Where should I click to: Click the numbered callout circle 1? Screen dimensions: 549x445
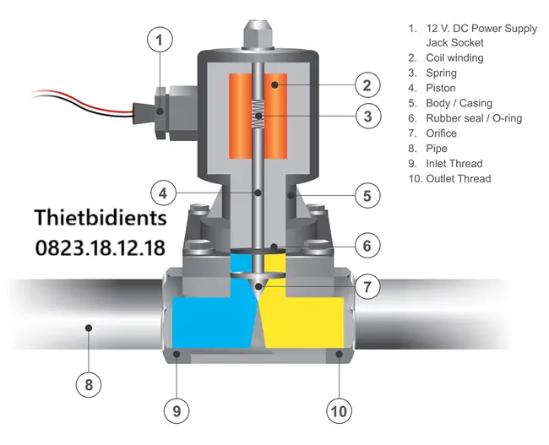160,40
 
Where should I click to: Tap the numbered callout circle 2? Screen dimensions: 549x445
367,85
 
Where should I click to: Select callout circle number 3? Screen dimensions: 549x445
368,116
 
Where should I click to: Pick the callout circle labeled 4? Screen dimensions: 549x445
163,193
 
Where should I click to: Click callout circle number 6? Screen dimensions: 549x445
367,246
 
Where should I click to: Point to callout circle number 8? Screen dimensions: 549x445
89,385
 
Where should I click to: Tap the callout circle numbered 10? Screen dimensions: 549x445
340,411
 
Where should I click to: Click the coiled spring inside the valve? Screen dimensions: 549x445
258,114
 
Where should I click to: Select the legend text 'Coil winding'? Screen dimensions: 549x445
454,57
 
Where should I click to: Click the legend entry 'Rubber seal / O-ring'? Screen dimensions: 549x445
474,118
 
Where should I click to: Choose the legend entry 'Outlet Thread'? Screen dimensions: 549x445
459,179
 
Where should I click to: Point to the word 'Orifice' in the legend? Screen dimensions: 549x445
441,133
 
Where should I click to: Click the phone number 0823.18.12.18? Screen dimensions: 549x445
101,248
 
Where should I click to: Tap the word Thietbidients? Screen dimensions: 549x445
101,217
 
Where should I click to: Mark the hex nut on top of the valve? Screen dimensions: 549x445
258,35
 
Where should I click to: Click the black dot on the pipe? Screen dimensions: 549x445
89,328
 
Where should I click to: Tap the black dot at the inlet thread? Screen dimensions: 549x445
177,354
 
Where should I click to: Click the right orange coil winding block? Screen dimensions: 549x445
275,116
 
